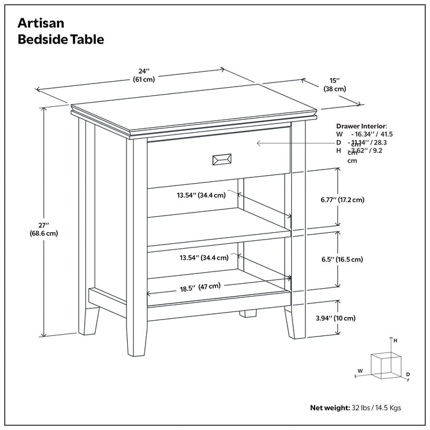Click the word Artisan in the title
point(42,23)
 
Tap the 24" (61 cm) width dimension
point(144,75)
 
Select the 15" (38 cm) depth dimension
point(334,84)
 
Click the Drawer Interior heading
point(362,125)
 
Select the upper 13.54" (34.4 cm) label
point(201,195)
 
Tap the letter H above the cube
point(396,340)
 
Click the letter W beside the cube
point(360,370)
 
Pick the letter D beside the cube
point(407,373)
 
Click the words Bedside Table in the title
point(61,40)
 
